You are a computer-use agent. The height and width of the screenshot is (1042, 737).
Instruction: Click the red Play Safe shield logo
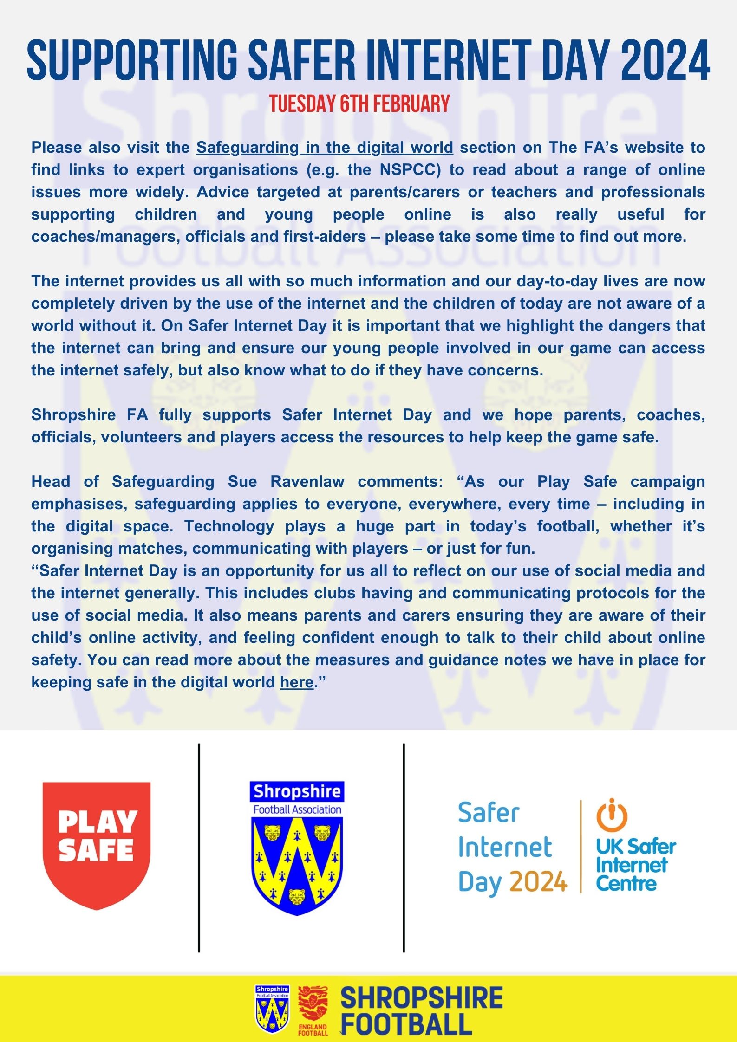pyautogui.click(x=97, y=845)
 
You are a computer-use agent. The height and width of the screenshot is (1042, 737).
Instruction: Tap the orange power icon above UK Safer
pyautogui.click(x=612, y=815)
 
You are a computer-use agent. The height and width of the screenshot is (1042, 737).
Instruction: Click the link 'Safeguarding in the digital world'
pyautogui.click(x=325, y=148)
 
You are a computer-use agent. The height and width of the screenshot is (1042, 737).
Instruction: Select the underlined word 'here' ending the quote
pyautogui.click(x=296, y=682)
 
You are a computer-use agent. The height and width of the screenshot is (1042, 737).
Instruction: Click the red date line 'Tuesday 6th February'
pyautogui.click(x=359, y=104)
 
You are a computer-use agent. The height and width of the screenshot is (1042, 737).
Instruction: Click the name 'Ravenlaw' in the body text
pyautogui.click(x=307, y=482)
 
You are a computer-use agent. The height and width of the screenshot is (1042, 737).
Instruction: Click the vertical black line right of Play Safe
pyautogui.click(x=199, y=848)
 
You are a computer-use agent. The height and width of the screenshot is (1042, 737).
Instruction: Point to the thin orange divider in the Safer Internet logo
pyautogui.click(x=581, y=847)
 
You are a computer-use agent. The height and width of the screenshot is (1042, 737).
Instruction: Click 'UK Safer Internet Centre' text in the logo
pyautogui.click(x=635, y=865)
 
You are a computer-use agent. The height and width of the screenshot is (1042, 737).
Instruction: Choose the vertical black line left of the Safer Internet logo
pyautogui.click(x=404, y=848)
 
